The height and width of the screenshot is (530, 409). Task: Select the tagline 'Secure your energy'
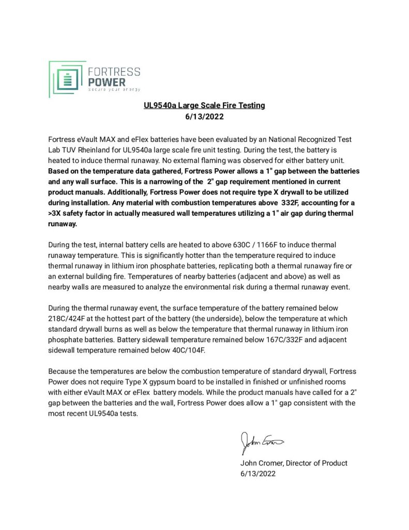(114, 90)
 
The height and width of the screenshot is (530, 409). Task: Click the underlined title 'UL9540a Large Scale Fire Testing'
(204, 106)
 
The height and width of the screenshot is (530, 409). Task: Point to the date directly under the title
(204, 116)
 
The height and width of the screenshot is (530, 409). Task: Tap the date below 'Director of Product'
(258, 474)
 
